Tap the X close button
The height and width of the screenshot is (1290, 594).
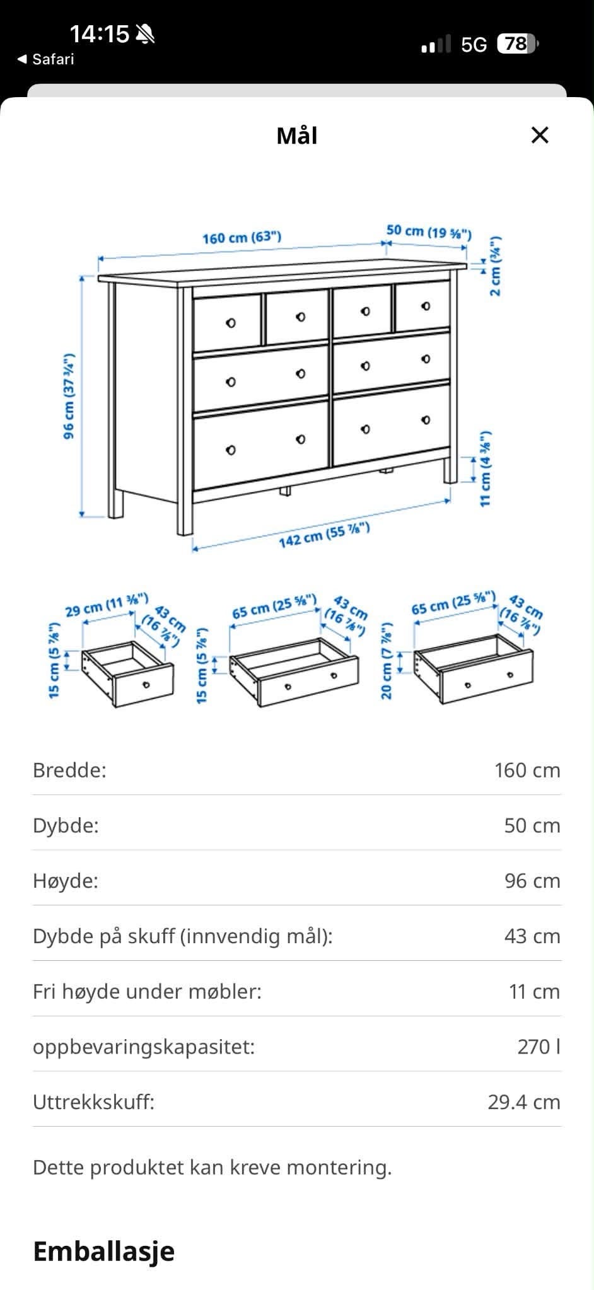pyautogui.click(x=540, y=135)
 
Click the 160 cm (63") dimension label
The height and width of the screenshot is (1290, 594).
pyautogui.click(x=242, y=238)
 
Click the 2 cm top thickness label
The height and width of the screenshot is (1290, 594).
pyautogui.click(x=496, y=265)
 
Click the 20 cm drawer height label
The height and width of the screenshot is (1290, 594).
pyautogui.click(x=387, y=661)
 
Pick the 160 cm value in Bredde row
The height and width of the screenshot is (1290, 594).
pyautogui.click(x=527, y=770)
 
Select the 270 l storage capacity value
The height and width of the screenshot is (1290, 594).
pyautogui.click(x=539, y=1047)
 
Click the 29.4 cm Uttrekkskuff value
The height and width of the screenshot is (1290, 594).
pyautogui.click(x=524, y=1102)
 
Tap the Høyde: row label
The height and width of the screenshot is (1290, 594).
pyautogui.click(x=66, y=881)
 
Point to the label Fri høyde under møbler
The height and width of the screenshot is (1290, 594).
pyautogui.click(x=147, y=992)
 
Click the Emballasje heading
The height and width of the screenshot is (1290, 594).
pyautogui.click(x=103, y=1252)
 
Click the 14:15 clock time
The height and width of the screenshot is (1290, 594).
pyautogui.click(x=99, y=33)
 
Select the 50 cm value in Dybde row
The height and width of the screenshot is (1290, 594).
pyautogui.click(x=532, y=825)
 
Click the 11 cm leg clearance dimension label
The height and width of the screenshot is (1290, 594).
pyautogui.click(x=485, y=468)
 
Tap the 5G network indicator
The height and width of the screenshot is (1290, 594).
pyautogui.click(x=474, y=44)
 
